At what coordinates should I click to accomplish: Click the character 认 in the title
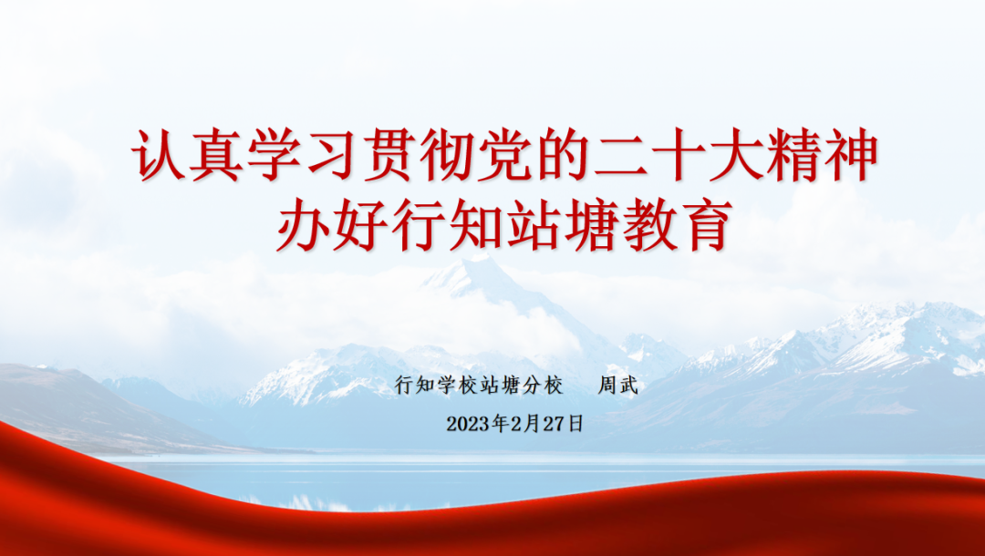[159, 155]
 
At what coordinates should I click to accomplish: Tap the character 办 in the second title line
[303, 224]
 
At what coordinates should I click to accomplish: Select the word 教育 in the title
[678, 224]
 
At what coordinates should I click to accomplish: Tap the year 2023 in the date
[468, 424]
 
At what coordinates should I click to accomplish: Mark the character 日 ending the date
[575, 424]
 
